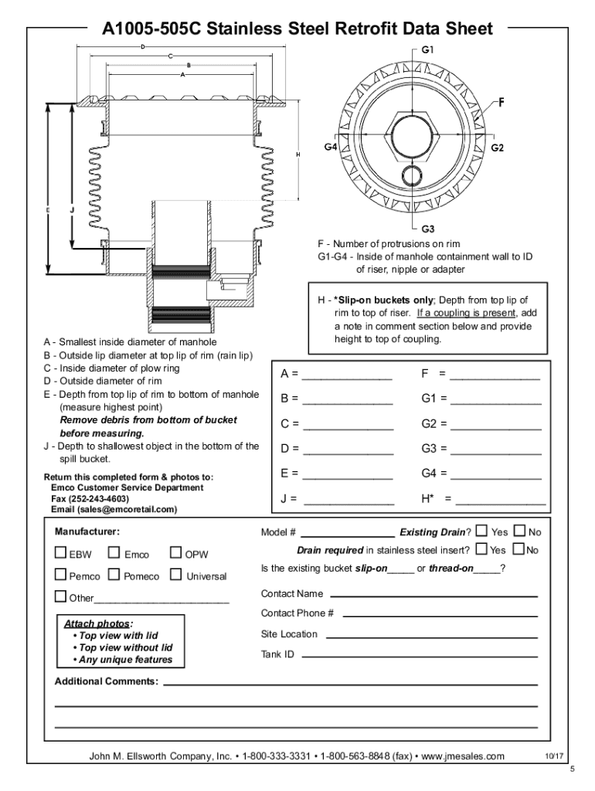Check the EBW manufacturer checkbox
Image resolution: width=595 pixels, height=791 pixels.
[60, 553]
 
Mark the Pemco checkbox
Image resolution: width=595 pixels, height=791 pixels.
[60, 575]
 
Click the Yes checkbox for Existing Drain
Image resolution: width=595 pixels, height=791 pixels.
[482, 531]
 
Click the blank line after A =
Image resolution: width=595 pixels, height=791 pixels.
[347, 377]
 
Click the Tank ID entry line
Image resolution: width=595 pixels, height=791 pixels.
[418, 655]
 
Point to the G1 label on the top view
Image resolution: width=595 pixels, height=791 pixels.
[429, 49]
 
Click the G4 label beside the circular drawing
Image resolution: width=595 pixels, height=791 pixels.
[331, 148]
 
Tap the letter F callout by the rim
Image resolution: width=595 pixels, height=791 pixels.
[501, 101]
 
